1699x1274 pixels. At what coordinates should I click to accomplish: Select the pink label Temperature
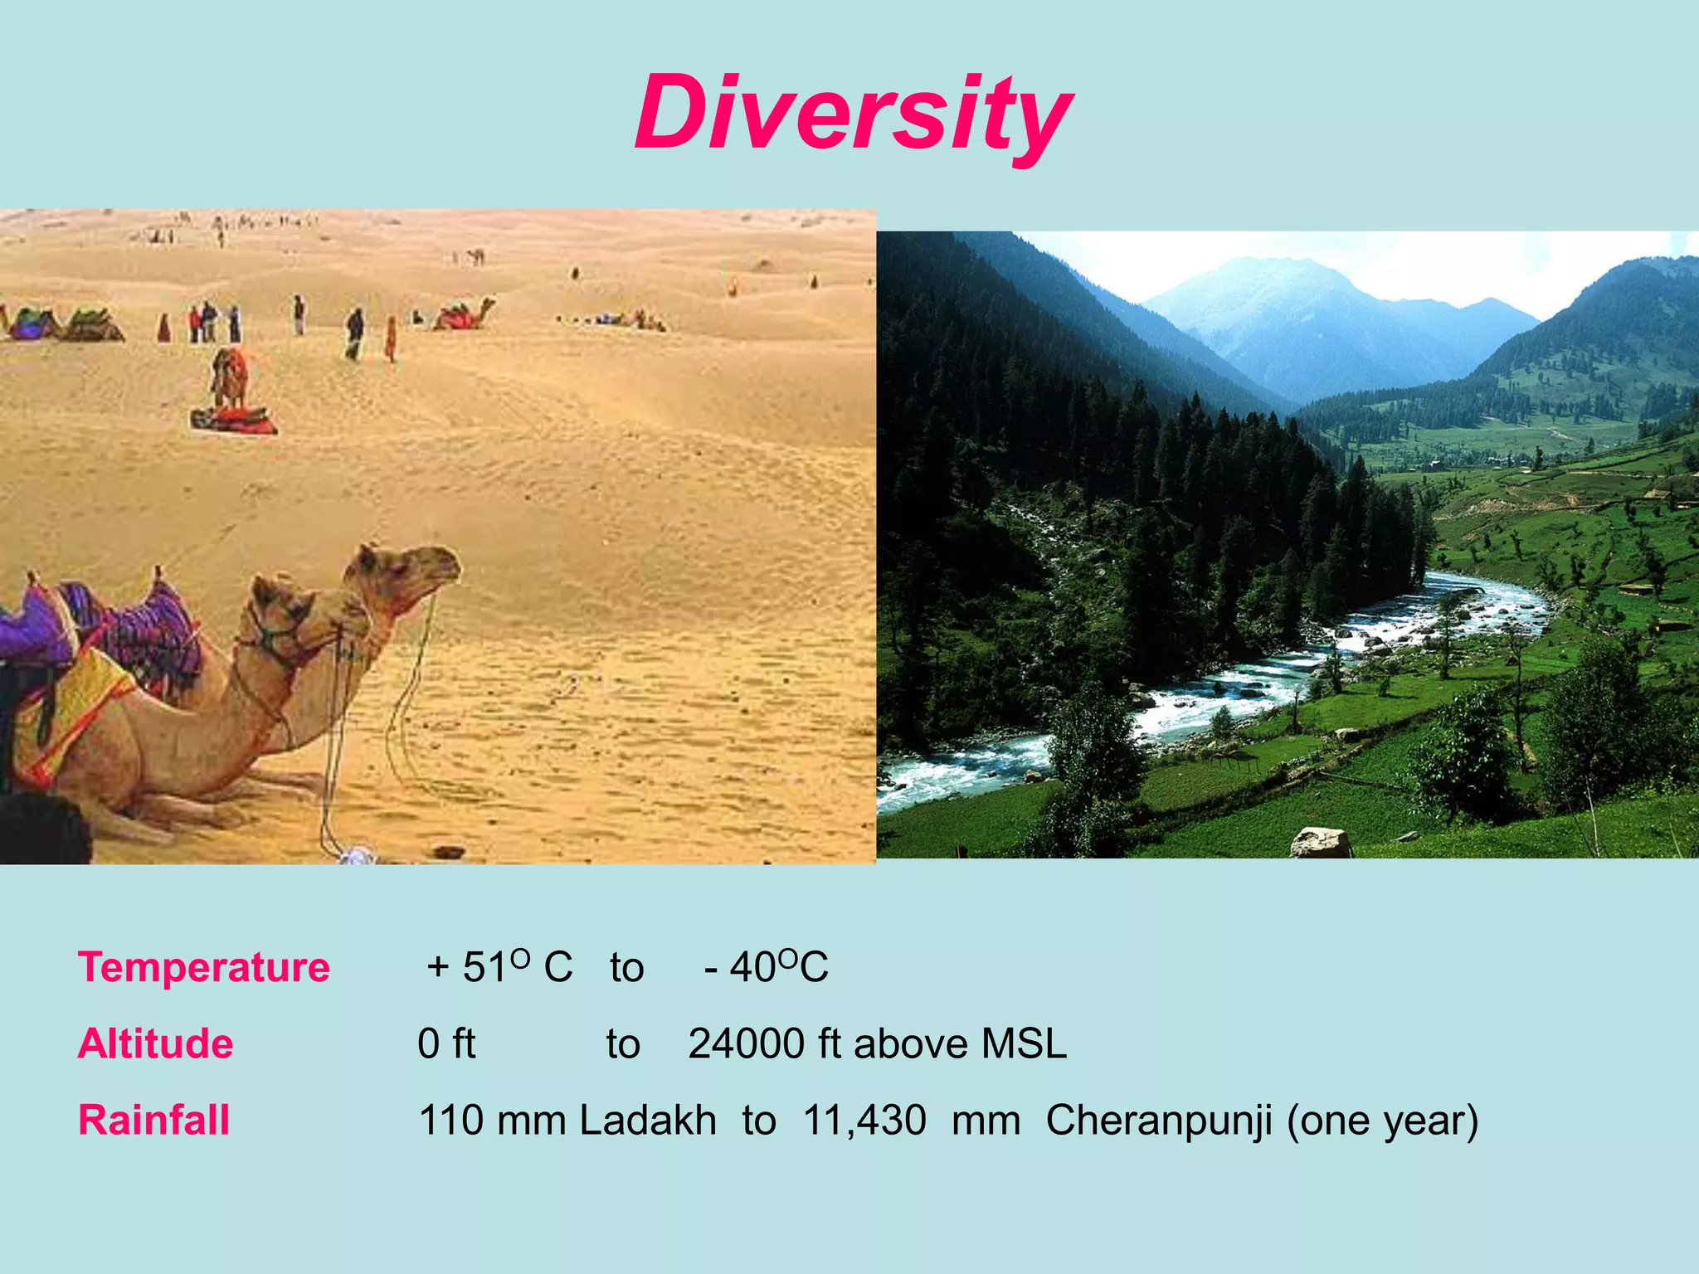203,967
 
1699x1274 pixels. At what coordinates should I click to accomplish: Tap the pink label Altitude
155,1043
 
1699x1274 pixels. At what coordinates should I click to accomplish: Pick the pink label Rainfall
153,1120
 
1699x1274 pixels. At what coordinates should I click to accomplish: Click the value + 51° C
499,967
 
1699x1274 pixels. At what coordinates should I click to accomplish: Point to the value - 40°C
766,967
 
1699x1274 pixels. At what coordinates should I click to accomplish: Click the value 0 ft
446,1043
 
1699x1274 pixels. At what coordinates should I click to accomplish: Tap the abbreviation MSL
1023,1043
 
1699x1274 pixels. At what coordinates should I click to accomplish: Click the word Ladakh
647,1120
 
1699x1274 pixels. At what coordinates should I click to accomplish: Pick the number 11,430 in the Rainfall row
864,1120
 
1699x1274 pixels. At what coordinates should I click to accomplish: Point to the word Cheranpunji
1158,1120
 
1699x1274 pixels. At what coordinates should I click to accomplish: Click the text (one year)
1382,1120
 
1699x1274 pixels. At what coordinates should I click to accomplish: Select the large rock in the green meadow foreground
1320,843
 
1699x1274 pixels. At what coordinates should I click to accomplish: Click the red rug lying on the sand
235,421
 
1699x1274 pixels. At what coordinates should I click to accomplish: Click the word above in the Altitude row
911,1043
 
